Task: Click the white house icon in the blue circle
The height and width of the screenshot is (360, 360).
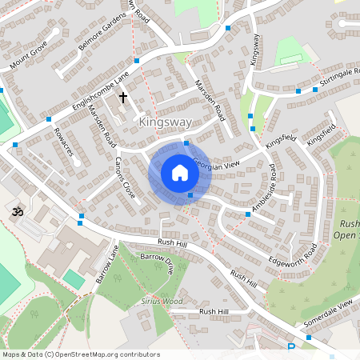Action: coord(180,172)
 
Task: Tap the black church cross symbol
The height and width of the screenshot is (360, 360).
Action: coord(123,98)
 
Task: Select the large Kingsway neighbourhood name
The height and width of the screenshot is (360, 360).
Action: coord(165,122)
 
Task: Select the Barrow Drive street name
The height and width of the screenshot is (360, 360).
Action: coord(157,264)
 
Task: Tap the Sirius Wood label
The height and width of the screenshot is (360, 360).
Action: coord(162,301)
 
